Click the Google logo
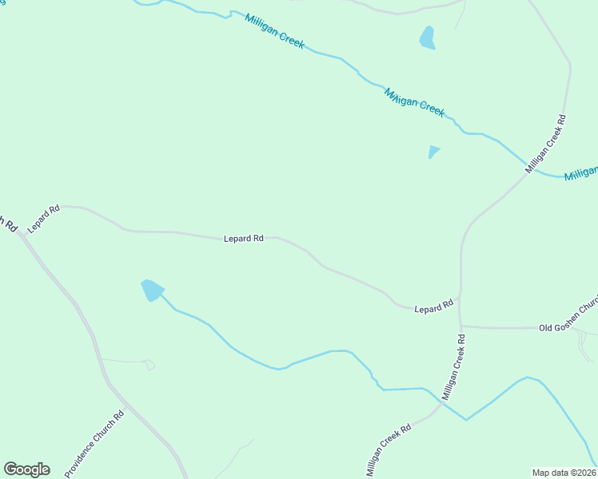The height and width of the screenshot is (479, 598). pos(26,469)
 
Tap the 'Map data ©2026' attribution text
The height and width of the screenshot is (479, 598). pos(564,473)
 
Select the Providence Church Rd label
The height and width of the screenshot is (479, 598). pos(95,444)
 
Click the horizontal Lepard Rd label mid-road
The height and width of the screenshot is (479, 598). pos(244,238)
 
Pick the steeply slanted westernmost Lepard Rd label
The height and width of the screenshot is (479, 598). pos(44,220)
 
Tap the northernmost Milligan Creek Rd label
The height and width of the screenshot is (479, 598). pos(546,144)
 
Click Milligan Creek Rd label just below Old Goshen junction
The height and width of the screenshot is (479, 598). pos(453,367)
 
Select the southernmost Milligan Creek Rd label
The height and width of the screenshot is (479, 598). pos(389,449)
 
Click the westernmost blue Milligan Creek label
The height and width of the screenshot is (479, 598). pos(274,31)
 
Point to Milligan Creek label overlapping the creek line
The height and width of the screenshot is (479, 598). pos(414,102)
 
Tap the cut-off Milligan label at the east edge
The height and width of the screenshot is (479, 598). pos(581,173)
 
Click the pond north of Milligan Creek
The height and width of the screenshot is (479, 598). pos(428,38)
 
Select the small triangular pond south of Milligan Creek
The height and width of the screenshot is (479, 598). pos(433,150)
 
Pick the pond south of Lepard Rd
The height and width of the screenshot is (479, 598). pos(152,290)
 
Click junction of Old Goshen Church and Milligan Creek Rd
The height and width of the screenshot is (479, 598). pos(460,326)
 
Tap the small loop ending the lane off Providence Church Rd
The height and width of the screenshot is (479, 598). pos(149,365)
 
